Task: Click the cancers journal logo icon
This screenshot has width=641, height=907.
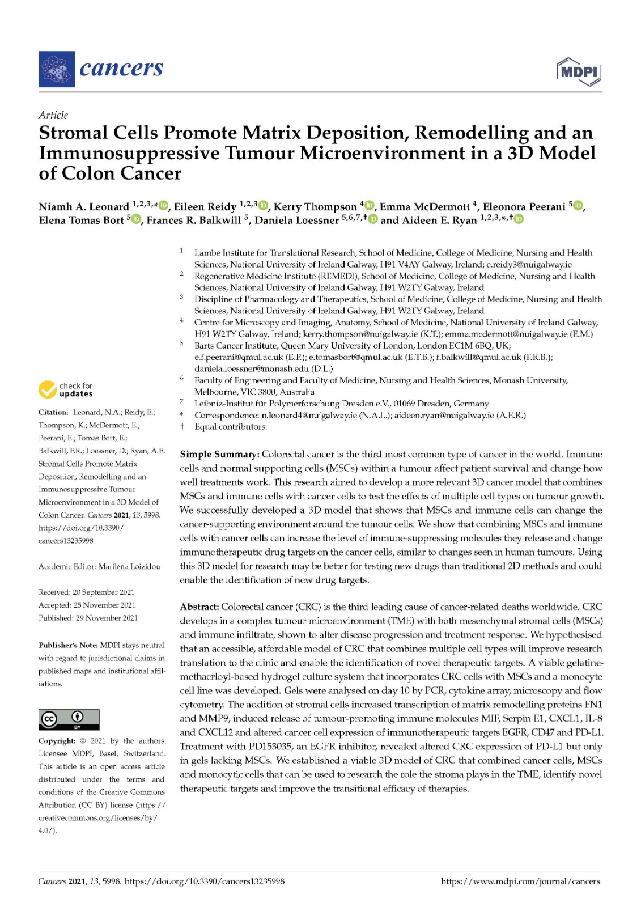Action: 57,69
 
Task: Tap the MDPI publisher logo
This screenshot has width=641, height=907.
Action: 579,72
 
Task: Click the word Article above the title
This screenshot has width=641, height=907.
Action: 53,115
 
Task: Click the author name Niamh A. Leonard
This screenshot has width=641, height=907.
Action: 84,207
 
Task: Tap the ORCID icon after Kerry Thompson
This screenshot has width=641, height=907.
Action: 370,206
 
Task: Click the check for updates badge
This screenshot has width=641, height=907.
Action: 66,389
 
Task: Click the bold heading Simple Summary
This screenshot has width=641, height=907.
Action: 219,455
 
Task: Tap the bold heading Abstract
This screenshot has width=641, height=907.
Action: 199,607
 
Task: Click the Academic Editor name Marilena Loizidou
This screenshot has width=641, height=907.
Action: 129,566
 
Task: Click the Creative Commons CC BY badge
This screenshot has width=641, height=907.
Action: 69,719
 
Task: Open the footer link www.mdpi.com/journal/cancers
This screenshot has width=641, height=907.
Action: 520,881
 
